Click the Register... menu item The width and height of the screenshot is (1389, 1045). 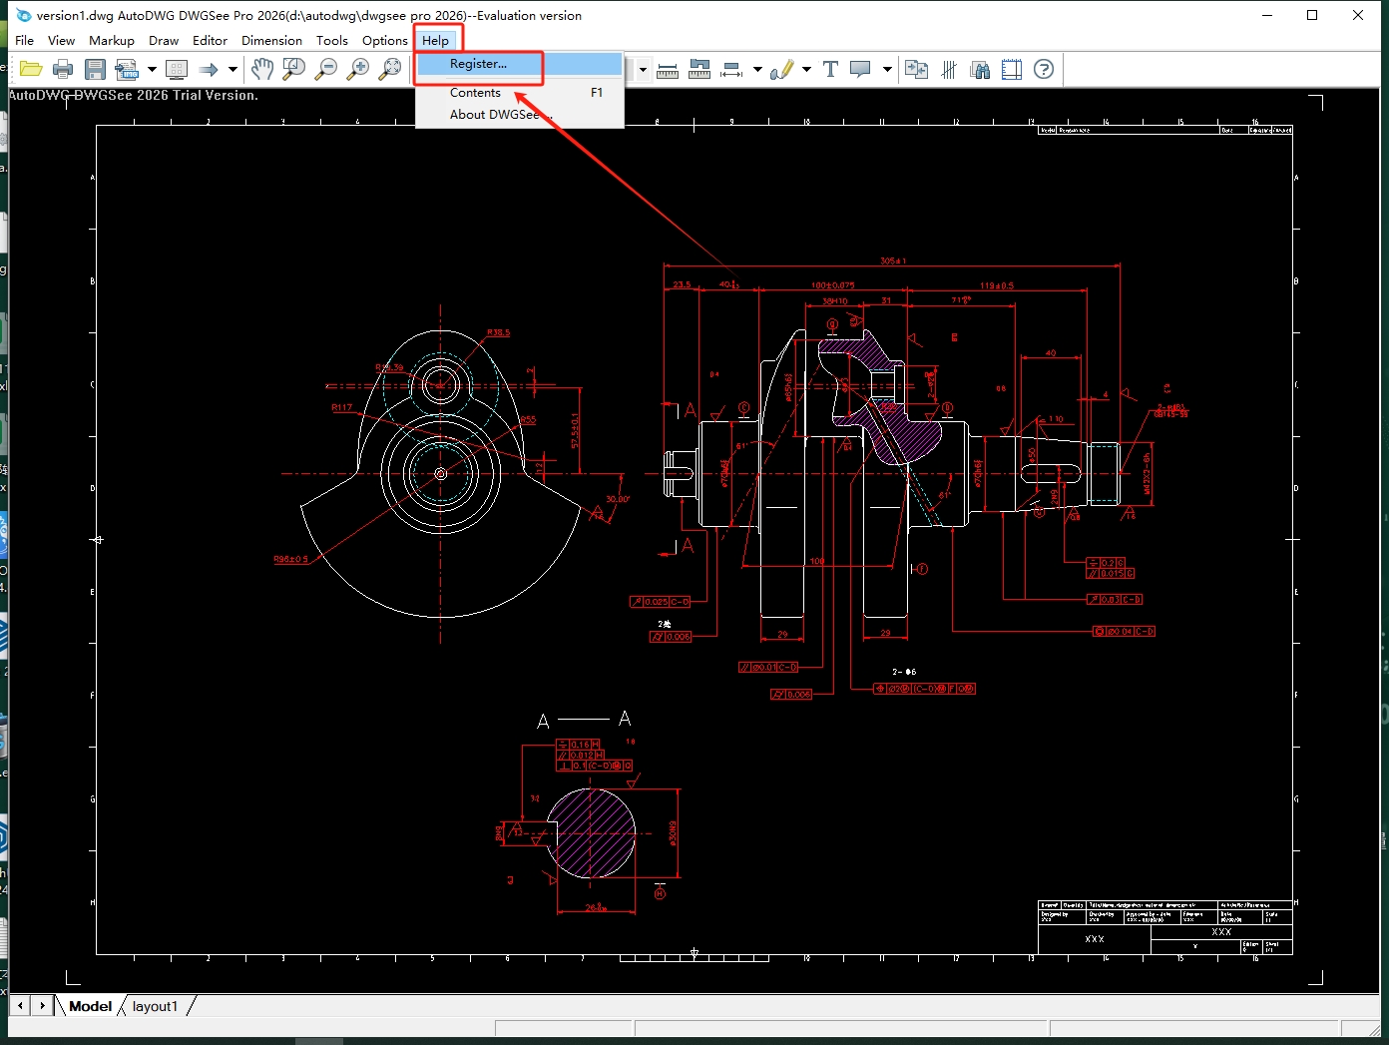tap(478, 64)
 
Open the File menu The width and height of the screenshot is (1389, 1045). tap(25, 41)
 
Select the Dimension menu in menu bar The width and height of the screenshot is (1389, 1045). tap(271, 41)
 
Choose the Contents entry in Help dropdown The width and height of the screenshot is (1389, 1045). tap(475, 93)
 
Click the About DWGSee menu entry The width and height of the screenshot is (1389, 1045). tap(494, 115)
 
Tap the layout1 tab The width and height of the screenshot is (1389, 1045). tap(155, 1006)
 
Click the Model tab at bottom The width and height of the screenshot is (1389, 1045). tap(90, 1006)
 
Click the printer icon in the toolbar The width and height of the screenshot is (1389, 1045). tap(63, 69)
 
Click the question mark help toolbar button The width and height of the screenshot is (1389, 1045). tap(1044, 69)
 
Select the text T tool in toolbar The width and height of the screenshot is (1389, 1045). tap(830, 69)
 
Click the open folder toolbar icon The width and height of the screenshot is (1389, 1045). tap(31, 69)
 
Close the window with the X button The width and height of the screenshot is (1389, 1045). tap(1358, 15)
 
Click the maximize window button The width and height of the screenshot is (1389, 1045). tap(1312, 15)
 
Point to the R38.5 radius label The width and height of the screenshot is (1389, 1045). tap(498, 332)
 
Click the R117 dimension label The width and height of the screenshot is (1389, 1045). tap(341, 407)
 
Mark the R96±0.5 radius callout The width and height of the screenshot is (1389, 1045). tap(290, 559)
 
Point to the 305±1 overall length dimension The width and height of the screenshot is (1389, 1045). tap(892, 261)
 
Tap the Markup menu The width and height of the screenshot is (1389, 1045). tap(112, 41)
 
